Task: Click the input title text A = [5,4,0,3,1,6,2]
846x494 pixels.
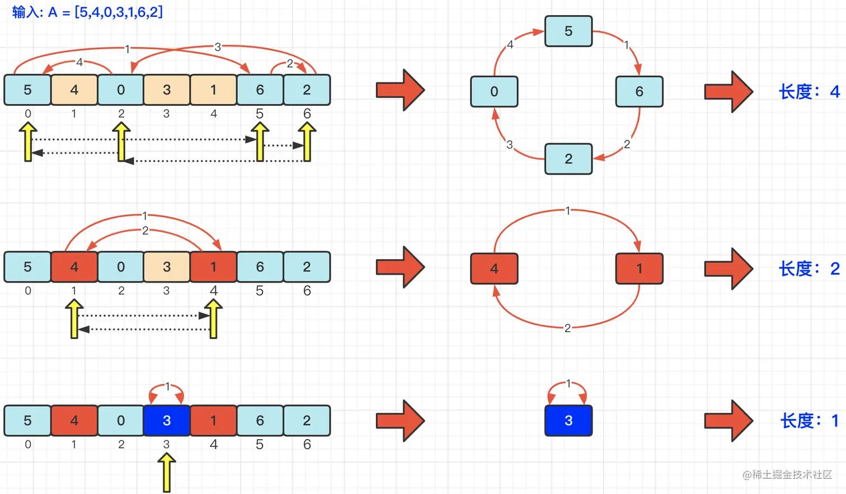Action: point(87,12)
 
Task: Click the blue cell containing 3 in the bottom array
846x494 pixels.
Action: point(167,421)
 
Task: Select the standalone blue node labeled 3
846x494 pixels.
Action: point(568,421)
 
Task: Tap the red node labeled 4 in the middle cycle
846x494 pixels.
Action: point(494,269)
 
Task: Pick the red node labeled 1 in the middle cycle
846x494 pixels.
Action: point(639,269)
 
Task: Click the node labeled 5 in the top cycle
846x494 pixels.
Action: point(568,31)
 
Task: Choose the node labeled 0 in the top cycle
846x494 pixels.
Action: point(494,92)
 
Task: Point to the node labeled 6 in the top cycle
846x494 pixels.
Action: point(639,92)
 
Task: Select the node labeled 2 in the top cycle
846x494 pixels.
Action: point(568,159)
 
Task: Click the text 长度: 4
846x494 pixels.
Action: point(809,92)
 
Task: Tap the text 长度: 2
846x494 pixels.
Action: point(809,269)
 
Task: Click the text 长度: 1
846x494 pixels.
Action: point(809,421)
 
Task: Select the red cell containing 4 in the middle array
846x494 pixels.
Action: point(74,267)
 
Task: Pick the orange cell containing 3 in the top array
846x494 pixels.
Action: point(167,90)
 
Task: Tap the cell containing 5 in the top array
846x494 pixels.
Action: point(27,90)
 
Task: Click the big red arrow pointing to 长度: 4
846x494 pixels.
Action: point(728,92)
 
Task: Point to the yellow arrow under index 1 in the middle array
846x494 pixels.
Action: point(74,319)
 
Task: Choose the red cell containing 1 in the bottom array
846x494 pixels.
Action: point(213,421)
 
